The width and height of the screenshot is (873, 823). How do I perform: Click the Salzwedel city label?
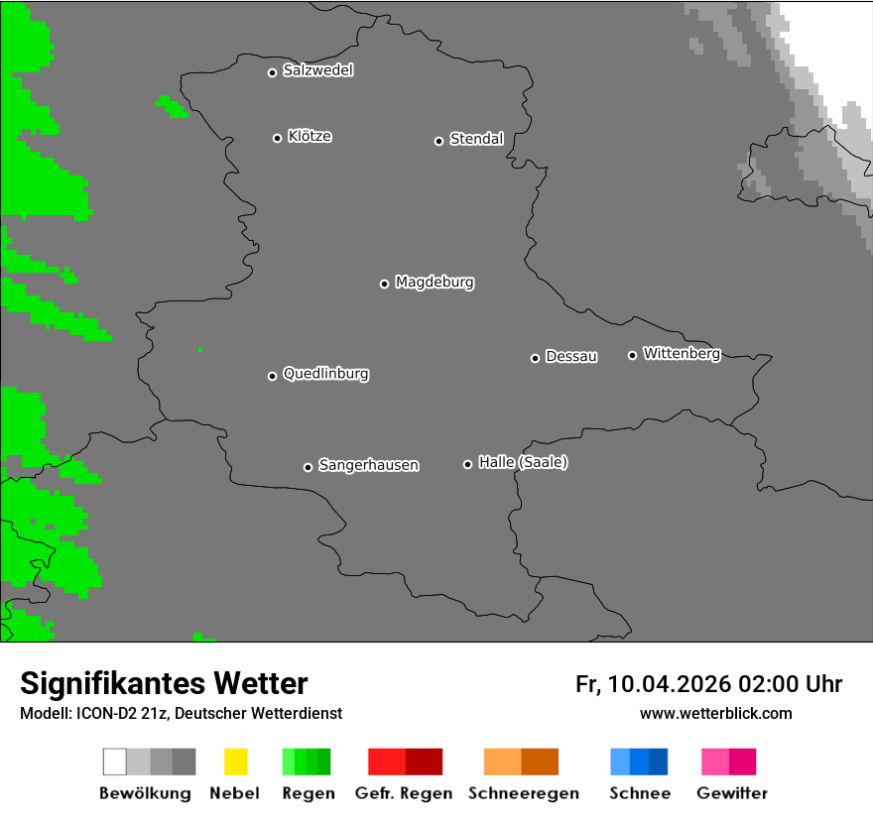(x=317, y=70)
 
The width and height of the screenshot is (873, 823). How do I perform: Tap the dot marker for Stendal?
(x=438, y=141)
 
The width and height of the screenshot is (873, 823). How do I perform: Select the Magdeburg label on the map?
(x=435, y=283)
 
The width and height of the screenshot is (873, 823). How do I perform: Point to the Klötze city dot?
(x=277, y=138)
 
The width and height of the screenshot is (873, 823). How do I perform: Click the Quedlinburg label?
(x=325, y=374)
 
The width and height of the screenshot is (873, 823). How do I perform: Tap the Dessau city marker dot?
(x=535, y=358)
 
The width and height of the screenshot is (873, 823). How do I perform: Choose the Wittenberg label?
(x=682, y=353)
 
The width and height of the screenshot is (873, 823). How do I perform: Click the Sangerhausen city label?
(x=368, y=465)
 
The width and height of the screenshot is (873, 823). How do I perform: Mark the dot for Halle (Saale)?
(x=467, y=464)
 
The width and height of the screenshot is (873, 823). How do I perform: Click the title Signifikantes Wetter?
(x=164, y=683)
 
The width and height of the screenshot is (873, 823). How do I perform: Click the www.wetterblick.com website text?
(x=715, y=713)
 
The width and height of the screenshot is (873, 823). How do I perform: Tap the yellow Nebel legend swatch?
(x=235, y=762)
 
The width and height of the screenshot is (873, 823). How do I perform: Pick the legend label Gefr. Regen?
(x=404, y=793)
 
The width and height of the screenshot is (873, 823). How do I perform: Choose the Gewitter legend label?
(x=732, y=793)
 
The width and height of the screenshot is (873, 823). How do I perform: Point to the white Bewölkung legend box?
(x=115, y=762)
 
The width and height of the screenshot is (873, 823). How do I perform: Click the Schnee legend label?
(x=640, y=793)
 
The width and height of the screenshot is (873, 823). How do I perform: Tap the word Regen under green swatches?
(x=309, y=793)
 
